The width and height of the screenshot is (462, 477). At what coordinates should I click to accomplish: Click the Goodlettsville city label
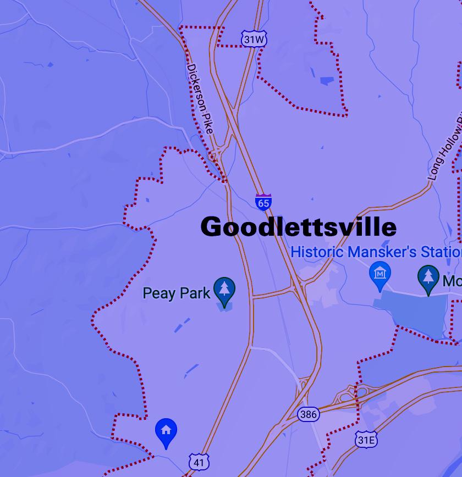coord(298,227)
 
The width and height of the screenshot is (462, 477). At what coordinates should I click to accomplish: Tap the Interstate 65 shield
coord(263,202)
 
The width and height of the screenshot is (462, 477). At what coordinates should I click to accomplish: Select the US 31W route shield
coord(254,40)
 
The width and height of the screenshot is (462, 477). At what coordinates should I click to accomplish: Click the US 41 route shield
coord(199,463)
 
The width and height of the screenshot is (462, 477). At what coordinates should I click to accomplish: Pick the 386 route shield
coord(308,414)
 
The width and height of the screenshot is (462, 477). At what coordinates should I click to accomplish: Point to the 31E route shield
coord(366,440)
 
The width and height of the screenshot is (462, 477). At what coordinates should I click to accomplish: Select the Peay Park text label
coord(177,293)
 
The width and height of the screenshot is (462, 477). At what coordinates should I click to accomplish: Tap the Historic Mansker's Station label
coord(376,252)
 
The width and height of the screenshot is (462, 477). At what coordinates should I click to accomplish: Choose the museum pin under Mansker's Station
coord(380,275)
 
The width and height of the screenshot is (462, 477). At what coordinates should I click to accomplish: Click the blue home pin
coord(166,431)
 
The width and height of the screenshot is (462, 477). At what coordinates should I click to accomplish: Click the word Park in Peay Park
coord(195,293)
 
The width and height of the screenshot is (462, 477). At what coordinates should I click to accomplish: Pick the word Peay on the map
coord(158,293)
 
